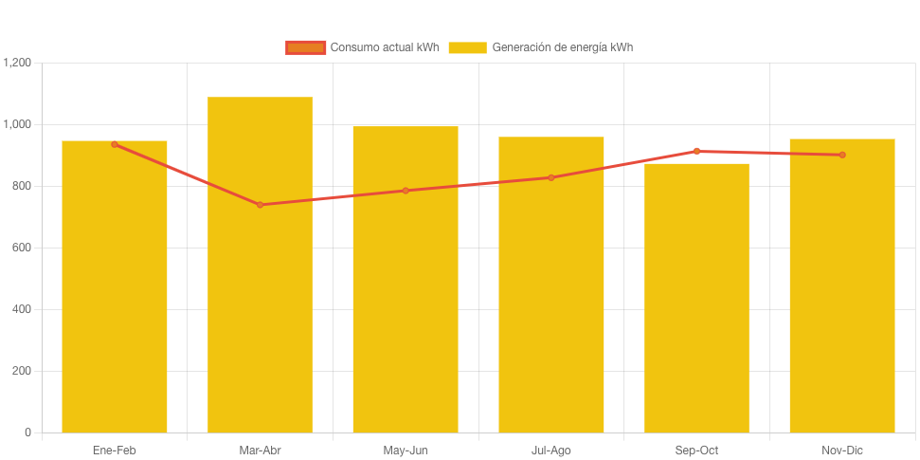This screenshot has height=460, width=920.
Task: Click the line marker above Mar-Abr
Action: point(260,205)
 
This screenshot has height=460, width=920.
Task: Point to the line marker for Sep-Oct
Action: point(696,151)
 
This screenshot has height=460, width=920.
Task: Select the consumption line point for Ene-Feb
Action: point(115,144)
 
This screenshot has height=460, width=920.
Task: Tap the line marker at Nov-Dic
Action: point(841,155)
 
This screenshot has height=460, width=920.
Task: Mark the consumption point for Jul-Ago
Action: point(550,177)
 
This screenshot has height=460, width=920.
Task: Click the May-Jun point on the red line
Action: point(406,191)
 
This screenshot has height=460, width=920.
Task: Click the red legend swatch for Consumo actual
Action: point(305,47)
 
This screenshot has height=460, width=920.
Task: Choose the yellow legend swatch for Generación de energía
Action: point(467,47)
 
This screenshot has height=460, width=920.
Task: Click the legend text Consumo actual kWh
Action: point(384,47)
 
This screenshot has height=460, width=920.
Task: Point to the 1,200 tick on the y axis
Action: point(18,63)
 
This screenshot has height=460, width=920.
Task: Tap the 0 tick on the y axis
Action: point(28,432)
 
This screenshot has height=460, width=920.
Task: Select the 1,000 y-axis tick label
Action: point(18,124)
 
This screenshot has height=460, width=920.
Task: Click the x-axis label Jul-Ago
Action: point(550,451)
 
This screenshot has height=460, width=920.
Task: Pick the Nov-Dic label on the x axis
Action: point(841,451)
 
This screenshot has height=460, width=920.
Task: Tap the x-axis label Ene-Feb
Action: point(115,451)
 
